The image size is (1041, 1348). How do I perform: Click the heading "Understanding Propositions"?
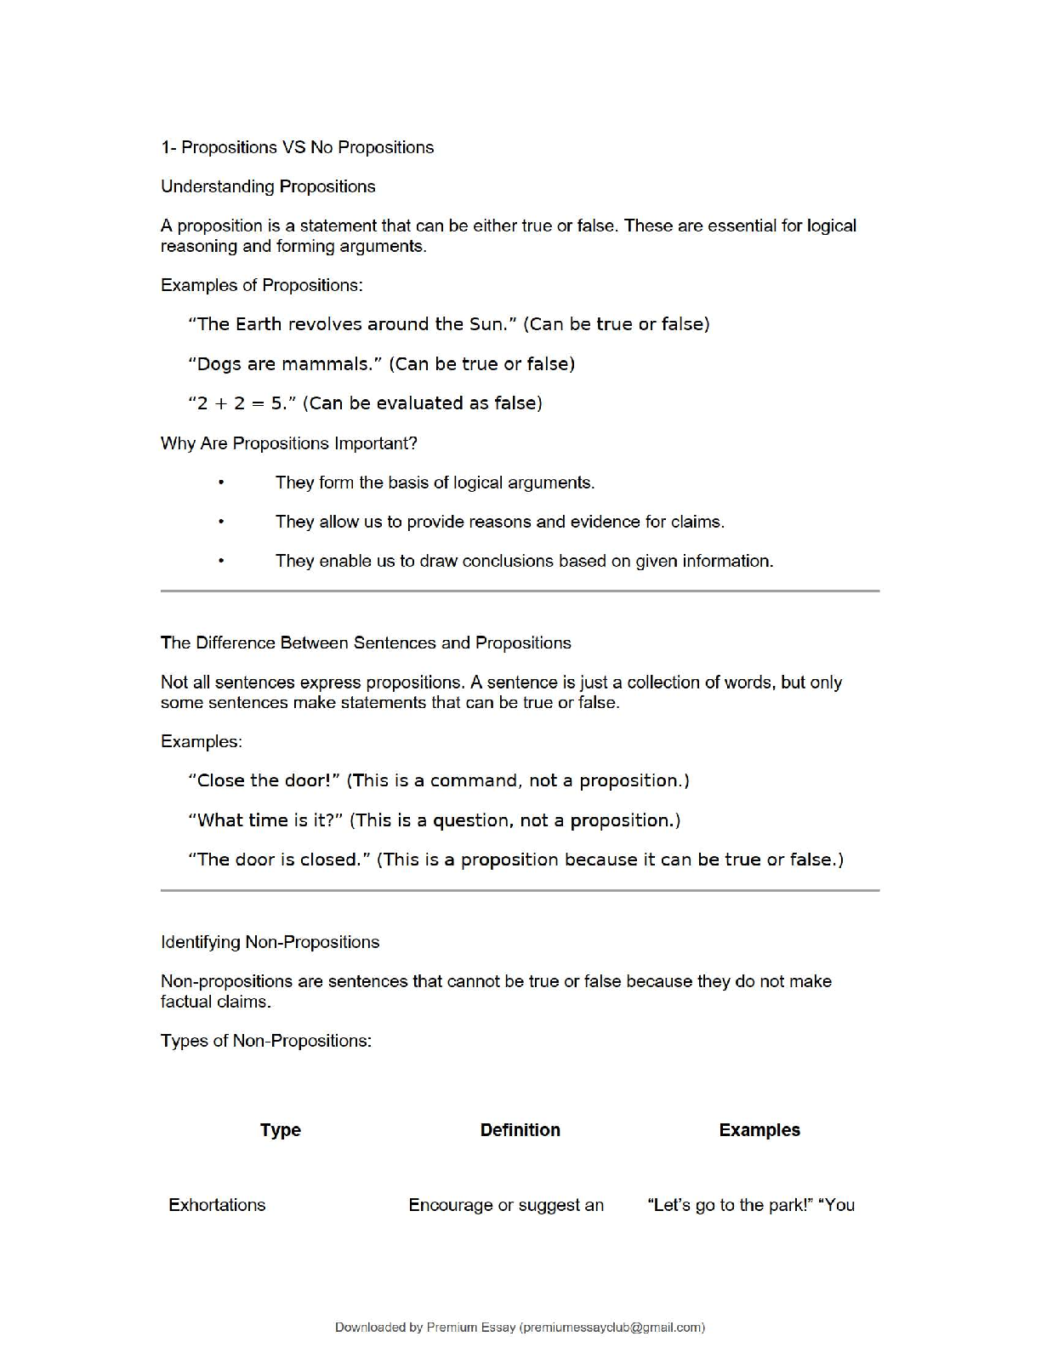tap(268, 186)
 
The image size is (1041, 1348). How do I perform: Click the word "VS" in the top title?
tap(293, 147)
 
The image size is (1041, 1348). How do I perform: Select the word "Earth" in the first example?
tap(259, 324)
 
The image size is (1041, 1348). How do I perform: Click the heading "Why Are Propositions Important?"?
tap(288, 443)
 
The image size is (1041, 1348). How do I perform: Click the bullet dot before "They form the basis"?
tap(221, 483)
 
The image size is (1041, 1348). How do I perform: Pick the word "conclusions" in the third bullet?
tap(508, 561)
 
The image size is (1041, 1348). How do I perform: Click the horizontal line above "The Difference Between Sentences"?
tap(520, 591)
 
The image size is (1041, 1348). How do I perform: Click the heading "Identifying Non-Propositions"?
tap(270, 942)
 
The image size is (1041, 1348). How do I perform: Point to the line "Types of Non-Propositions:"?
tap(265, 1041)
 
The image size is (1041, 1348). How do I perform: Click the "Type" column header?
tap(281, 1130)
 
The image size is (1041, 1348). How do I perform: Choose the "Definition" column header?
tap(520, 1130)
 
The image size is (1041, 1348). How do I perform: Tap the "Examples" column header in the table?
tap(759, 1130)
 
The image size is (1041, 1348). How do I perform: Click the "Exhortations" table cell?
tap(217, 1205)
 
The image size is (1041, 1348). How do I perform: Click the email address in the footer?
tap(612, 1327)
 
